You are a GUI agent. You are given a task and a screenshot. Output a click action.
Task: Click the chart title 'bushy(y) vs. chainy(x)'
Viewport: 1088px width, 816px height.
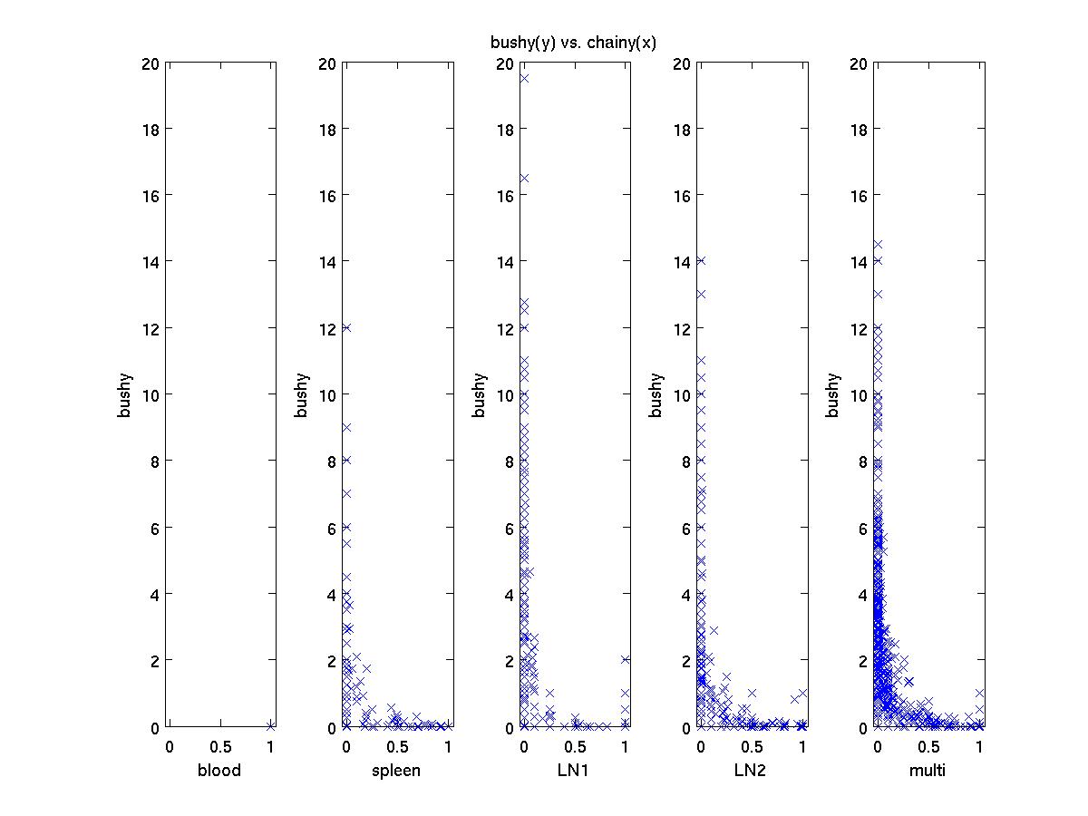573,43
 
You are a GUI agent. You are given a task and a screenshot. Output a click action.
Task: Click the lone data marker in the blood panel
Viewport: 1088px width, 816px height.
270,725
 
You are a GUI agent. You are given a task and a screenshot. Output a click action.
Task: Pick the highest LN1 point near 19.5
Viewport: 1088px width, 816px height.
524,79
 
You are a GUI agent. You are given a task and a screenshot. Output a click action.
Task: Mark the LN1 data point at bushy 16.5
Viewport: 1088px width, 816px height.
524,179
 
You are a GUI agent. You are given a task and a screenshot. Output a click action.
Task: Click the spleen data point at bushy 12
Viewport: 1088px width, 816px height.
346,328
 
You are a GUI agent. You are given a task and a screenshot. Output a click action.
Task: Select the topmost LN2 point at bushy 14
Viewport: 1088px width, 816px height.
701,261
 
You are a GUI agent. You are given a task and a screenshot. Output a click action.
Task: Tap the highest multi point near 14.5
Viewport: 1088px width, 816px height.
878,245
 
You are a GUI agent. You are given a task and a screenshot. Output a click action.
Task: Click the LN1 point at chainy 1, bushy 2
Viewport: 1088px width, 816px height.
626,660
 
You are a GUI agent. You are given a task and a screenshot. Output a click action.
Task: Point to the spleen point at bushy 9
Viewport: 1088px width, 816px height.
346,428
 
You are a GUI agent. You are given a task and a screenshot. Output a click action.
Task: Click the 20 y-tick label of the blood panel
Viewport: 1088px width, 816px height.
150,63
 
